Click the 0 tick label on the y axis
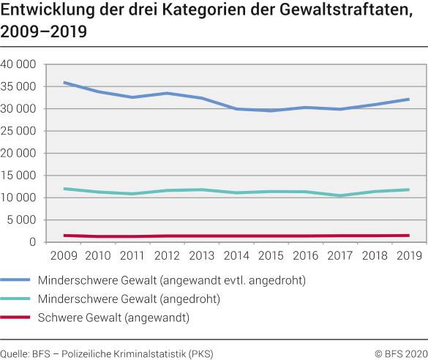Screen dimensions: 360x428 (32, 242)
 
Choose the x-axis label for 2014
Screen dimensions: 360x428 (236, 256)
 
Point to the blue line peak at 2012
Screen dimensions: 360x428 (168, 93)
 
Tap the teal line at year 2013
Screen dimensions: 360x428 (202, 190)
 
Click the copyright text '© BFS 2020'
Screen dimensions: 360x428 (400, 352)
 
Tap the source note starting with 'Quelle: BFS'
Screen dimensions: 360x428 (107, 352)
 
